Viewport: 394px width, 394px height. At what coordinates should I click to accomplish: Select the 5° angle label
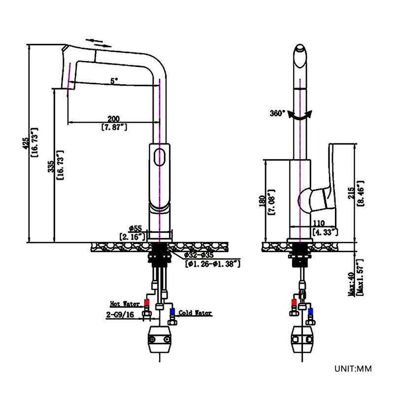coord(114,81)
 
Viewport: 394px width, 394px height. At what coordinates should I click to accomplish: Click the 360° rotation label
coord(277,113)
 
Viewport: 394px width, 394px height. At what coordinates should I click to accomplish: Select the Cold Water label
coord(195,313)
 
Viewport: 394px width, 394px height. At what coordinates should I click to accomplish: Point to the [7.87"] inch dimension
coord(114,127)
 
